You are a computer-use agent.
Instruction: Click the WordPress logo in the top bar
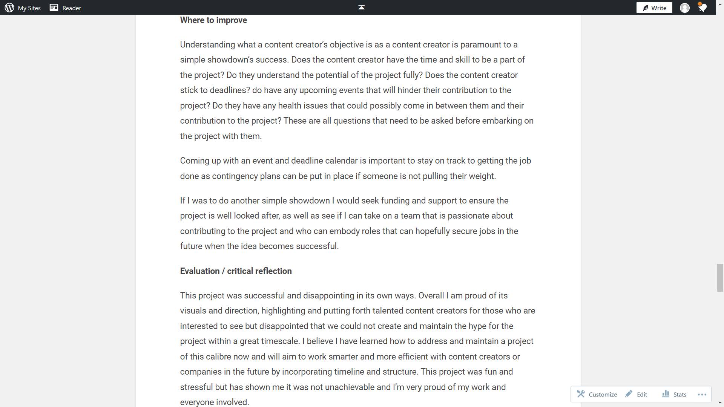pyautogui.click(x=9, y=8)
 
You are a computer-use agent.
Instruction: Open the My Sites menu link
pyautogui.click(x=29, y=8)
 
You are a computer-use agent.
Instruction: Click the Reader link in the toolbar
pyautogui.click(x=71, y=8)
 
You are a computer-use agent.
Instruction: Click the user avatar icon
pyautogui.click(x=684, y=8)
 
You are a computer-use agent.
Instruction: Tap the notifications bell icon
pyautogui.click(x=702, y=8)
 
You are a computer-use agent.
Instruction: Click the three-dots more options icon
pyautogui.click(x=702, y=395)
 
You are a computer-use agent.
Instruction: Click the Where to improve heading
pyautogui.click(x=213, y=20)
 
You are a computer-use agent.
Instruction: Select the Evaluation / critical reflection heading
pyautogui.click(x=236, y=271)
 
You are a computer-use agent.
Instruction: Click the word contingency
pyautogui.click(x=235, y=176)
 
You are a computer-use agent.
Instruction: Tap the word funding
pyautogui.click(x=395, y=200)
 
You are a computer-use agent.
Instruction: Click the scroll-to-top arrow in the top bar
pyautogui.click(x=361, y=8)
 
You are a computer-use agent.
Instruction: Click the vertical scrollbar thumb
pyautogui.click(x=720, y=278)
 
